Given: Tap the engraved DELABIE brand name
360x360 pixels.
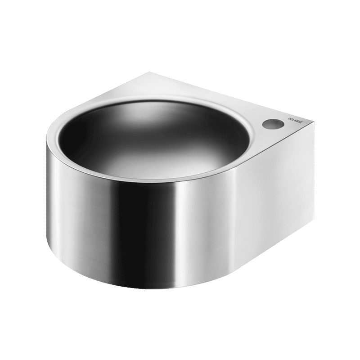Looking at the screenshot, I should (295, 122).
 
